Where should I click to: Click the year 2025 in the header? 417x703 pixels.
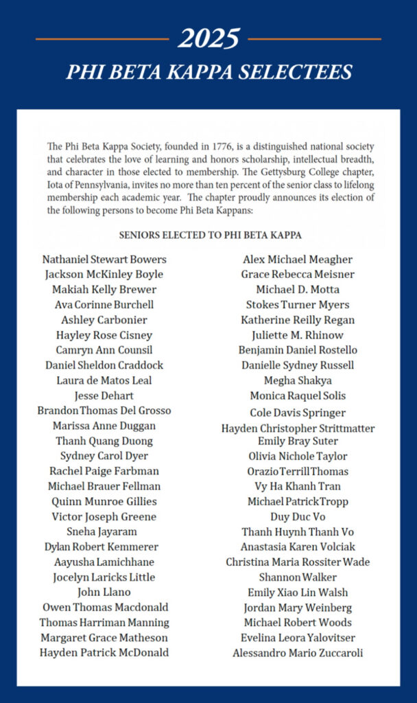pos(208,39)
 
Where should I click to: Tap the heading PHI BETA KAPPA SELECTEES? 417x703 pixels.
pos(208,72)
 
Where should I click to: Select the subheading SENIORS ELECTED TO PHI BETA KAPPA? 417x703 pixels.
pos(211,235)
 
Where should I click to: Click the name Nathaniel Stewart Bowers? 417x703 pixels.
pos(104,260)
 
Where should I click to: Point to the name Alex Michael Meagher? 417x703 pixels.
pos(298,260)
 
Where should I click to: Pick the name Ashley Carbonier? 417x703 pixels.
pos(104,320)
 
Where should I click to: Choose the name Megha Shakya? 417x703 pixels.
pos(298,380)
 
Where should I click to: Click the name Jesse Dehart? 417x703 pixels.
pos(104,395)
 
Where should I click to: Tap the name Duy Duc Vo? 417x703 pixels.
pos(298,517)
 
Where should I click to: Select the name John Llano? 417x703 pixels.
pos(104,592)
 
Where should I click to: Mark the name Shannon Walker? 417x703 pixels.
pos(298,577)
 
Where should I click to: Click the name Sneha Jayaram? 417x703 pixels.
pos(104,532)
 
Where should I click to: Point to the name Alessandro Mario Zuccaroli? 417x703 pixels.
pos(298,653)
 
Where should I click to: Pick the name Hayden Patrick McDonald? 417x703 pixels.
pos(104,653)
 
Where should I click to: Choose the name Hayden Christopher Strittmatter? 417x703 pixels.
pos(298,428)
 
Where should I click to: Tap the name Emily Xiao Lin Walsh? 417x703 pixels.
pos(298,592)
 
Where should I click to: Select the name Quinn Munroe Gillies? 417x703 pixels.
pos(104,502)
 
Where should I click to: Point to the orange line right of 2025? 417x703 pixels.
pos(314,39)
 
